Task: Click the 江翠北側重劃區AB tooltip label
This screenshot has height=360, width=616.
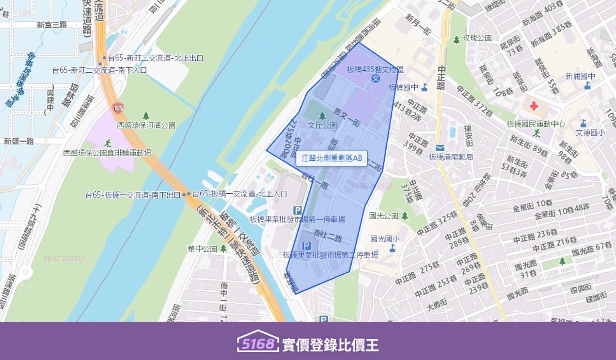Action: [332, 158]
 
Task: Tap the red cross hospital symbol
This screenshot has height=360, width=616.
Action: [534, 106]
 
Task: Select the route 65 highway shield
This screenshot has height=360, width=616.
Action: [118, 108]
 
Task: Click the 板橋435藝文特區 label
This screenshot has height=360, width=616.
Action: [376, 70]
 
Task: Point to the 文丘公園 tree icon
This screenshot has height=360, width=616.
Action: [322, 116]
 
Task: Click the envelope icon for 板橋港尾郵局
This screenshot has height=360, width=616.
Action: [440, 147]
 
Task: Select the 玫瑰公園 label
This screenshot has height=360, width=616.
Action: [477, 38]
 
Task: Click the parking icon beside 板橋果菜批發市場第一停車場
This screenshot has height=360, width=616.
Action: [298, 210]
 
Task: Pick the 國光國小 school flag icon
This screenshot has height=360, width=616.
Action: [392, 248]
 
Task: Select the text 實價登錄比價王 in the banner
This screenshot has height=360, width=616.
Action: [330, 344]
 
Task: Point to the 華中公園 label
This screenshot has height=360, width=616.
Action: [202, 249]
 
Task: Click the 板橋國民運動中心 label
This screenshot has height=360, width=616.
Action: [535, 124]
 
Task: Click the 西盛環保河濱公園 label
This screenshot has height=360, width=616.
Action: [146, 125]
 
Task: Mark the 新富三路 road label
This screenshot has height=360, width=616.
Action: [52, 25]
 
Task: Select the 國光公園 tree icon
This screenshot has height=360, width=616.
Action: [405, 216]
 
